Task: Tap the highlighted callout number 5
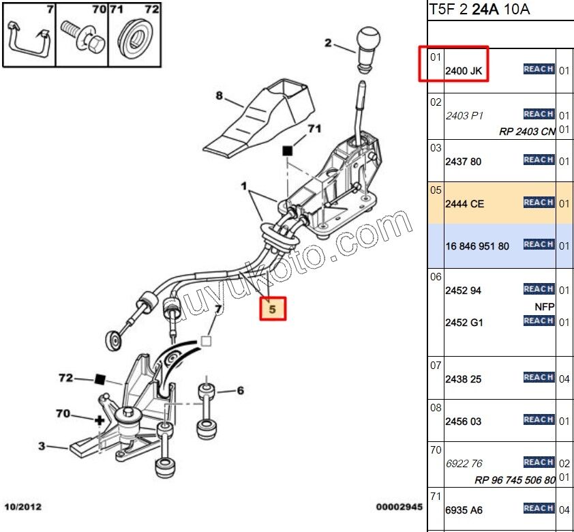pyautogui.click(x=272, y=309)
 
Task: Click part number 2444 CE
pyautogui.click(x=464, y=204)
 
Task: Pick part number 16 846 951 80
pyautogui.click(x=477, y=246)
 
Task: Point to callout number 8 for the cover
pyautogui.click(x=220, y=96)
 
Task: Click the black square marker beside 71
pyautogui.click(x=288, y=149)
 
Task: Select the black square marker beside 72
pyautogui.click(x=100, y=379)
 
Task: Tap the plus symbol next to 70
pyautogui.click(x=100, y=420)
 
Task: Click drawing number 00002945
pyautogui.click(x=399, y=507)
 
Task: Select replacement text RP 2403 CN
pyautogui.click(x=527, y=132)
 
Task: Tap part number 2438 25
pyautogui.click(x=463, y=379)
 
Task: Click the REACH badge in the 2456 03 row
pyautogui.click(x=539, y=420)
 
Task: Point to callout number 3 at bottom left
pyautogui.click(x=42, y=447)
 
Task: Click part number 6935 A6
pyautogui.click(x=464, y=509)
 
